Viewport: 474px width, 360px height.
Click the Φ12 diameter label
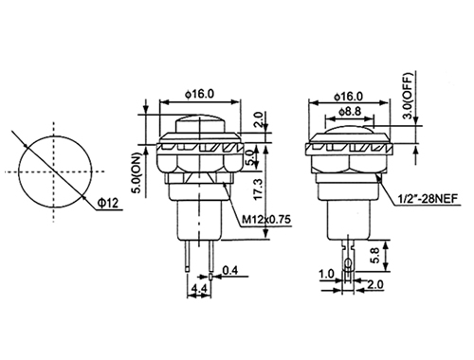108,203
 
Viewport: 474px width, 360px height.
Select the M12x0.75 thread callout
265,219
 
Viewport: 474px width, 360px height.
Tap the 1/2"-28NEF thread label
428,199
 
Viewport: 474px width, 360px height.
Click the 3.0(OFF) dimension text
409,96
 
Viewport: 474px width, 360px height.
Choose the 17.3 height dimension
258,189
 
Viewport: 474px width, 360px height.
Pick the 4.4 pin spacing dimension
199,289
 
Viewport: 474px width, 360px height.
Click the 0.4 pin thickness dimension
230,271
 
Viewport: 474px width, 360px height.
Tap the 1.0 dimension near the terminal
326,274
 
